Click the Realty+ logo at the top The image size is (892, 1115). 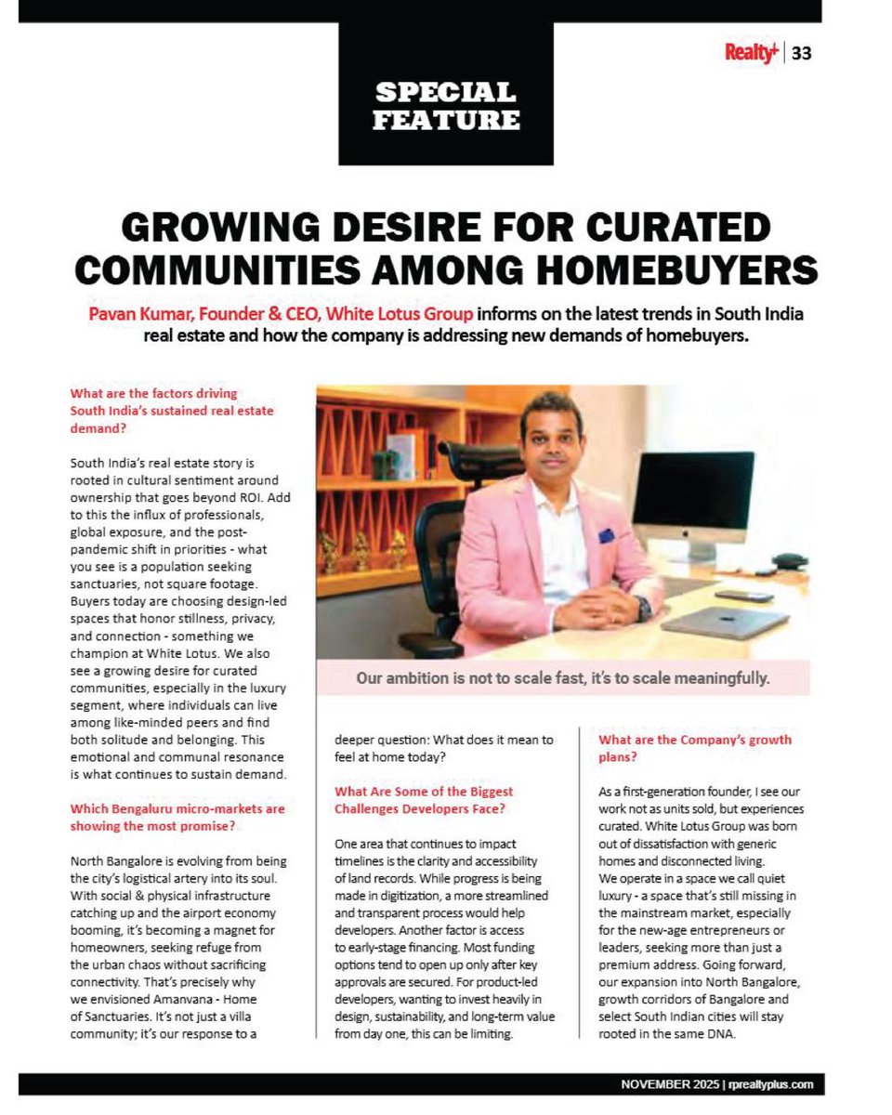(x=752, y=53)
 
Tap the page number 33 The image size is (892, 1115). (x=802, y=53)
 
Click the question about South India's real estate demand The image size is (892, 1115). (x=172, y=411)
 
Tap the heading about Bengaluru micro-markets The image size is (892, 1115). (x=177, y=817)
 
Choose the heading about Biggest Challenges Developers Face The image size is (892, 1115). (x=424, y=800)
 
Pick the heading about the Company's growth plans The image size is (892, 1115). (x=694, y=748)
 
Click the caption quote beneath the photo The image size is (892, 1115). (x=563, y=678)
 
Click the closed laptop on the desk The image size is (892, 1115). (x=725, y=622)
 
